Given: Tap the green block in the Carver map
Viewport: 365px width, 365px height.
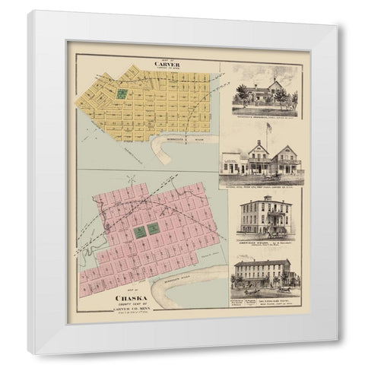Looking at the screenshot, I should coord(121,94).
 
